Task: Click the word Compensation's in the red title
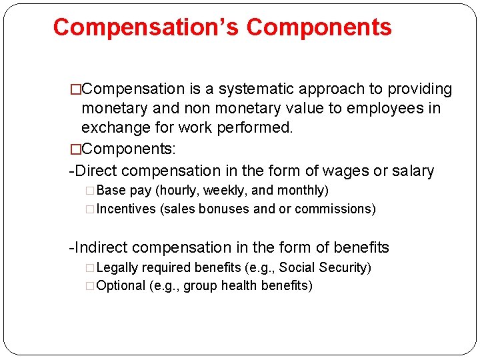tap(146, 27)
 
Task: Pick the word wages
tap(332, 171)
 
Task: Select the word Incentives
tap(127, 209)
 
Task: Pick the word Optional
tap(121, 286)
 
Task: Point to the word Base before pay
tap(111, 191)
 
